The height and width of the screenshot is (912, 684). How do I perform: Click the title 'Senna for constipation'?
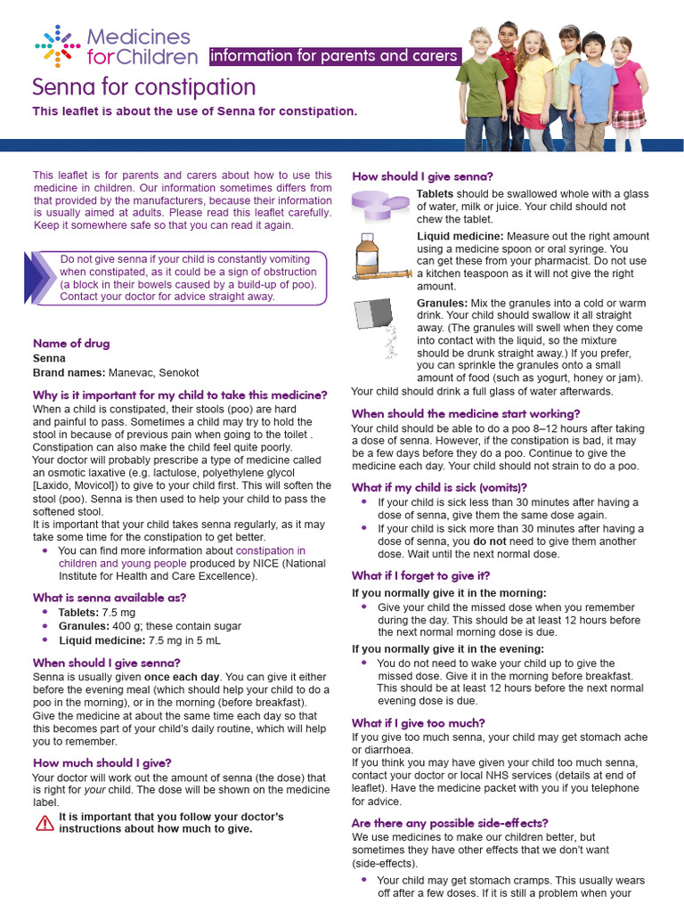click(144, 87)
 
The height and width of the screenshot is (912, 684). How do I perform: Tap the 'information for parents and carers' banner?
click(334, 56)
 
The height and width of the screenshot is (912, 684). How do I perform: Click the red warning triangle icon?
click(45, 822)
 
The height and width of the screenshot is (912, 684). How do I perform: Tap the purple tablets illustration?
click(383, 205)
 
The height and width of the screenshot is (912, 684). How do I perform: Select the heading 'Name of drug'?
click(71, 343)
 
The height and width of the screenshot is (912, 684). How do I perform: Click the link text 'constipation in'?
click(271, 551)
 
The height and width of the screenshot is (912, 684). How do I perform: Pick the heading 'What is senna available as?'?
click(110, 598)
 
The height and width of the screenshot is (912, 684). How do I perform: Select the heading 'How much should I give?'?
click(102, 762)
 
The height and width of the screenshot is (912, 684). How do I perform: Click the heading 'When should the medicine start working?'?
click(466, 413)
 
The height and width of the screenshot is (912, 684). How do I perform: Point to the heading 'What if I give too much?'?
click(419, 722)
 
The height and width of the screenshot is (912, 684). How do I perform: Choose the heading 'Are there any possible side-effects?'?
click(450, 822)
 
